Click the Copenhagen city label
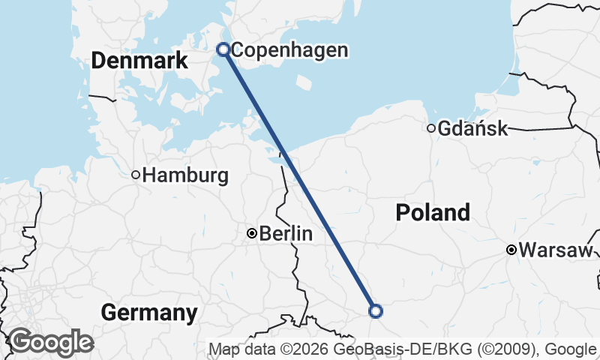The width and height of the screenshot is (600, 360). point(289,50)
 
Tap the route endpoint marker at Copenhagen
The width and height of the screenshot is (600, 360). point(223,49)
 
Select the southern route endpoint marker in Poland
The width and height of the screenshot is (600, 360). point(376,310)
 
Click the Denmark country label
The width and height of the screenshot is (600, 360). point(139,61)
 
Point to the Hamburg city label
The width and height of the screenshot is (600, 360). point(185,175)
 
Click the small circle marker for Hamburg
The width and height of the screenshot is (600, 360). point(136,175)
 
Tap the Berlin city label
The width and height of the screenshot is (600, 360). point(286,234)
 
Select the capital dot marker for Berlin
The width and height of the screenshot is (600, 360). point(252,233)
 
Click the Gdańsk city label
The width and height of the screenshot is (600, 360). point(472,128)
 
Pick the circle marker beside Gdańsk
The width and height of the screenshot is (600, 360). point(431,128)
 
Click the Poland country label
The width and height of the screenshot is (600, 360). point(433,213)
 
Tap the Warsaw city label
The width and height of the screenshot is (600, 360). point(556,250)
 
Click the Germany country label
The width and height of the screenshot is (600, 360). point(149,312)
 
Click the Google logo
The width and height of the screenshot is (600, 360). point(50,342)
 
